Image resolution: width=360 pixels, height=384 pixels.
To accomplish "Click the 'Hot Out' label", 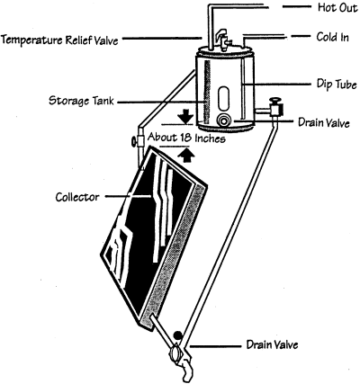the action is click(x=337, y=7).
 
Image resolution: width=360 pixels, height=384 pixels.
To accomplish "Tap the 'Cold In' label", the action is click(x=333, y=37).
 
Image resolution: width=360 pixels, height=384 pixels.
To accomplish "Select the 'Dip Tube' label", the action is click(x=337, y=85).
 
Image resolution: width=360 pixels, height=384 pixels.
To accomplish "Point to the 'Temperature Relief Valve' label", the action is click(x=60, y=40).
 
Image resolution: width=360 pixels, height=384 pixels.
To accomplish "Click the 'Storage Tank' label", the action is click(x=81, y=101).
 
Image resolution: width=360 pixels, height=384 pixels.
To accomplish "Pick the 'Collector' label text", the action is click(x=77, y=197).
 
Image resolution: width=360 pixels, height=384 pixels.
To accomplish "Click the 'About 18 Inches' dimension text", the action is click(x=186, y=138).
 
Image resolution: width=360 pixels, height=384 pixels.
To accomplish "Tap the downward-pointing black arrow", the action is click(x=185, y=116).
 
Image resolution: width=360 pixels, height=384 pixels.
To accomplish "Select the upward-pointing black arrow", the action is click(x=187, y=156).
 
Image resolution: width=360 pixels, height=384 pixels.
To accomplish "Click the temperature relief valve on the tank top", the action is click(x=223, y=39).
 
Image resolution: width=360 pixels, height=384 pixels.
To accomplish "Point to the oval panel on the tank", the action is click(x=223, y=99).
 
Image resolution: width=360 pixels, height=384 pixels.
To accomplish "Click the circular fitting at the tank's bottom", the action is click(x=224, y=121).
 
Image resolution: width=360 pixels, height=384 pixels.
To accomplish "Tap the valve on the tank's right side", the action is click(x=274, y=107).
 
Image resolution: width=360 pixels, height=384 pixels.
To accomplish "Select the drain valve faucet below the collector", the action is click(x=182, y=360).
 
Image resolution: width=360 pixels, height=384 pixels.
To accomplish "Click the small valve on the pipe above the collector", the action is click(x=138, y=140).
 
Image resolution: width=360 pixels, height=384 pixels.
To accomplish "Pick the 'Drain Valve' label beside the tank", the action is click(x=324, y=123).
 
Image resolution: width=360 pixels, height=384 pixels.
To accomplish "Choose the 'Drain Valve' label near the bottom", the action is click(x=272, y=344).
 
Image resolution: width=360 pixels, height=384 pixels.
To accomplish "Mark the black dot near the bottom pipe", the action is click(x=178, y=335).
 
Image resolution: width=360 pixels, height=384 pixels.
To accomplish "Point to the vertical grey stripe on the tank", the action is click(x=207, y=93).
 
